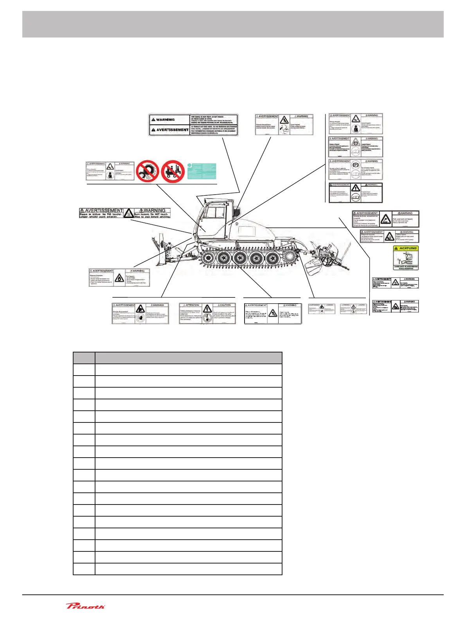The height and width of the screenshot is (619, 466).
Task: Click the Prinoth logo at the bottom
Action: (x=85, y=606)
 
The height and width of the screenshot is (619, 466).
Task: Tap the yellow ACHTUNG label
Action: (x=406, y=258)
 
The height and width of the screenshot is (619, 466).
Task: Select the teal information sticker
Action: (x=202, y=171)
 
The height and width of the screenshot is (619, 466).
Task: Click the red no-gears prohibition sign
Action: (x=148, y=171)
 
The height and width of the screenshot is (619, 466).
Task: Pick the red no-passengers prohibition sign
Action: (x=173, y=171)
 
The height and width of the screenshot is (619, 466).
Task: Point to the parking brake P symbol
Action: (x=356, y=165)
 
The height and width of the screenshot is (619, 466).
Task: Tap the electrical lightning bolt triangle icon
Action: (x=207, y=309)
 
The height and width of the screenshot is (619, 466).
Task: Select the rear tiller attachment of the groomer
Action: (x=321, y=258)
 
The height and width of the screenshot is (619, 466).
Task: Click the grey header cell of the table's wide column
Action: (x=188, y=358)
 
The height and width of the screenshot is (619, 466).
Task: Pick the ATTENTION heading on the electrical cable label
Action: (x=193, y=305)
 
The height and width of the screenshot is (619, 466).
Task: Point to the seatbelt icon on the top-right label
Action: (x=355, y=128)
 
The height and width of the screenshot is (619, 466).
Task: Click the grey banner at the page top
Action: (x=233, y=24)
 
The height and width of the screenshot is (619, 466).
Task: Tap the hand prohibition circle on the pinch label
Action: (x=140, y=318)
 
